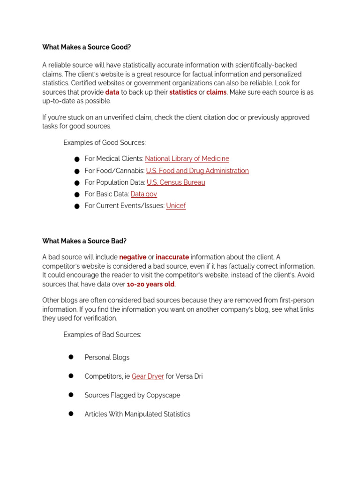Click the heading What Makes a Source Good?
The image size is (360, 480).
(x=86, y=47)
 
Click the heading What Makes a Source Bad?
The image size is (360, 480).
(x=84, y=241)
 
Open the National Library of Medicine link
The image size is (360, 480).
(x=187, y=159)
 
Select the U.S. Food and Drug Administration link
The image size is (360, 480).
(x=197, y=171)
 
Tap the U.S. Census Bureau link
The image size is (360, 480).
(x=176, y=182)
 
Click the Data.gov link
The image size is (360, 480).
(x=143, y=194)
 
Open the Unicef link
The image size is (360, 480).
(x=176, y=206)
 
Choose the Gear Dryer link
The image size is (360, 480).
(x=148, y=376)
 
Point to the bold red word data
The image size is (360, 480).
(x=112, y=92)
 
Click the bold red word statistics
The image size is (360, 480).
(x=183, y=92)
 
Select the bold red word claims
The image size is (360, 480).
(x=216, y=92)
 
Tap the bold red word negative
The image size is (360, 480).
(x=133, y=257)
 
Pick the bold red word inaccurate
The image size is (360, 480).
(x=172, y=257)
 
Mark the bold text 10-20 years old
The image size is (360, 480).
(x=150, y=284)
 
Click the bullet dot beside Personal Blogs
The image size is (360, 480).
(x=71, y=357)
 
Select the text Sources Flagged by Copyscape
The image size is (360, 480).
(x=132, y=395)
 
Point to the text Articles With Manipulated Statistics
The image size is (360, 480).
(x=137, y=414)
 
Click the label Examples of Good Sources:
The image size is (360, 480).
(x=105, y=142)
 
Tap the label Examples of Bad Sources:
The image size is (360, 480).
(x=102, y=335)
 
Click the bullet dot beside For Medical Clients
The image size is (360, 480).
(x=77, y=159)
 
